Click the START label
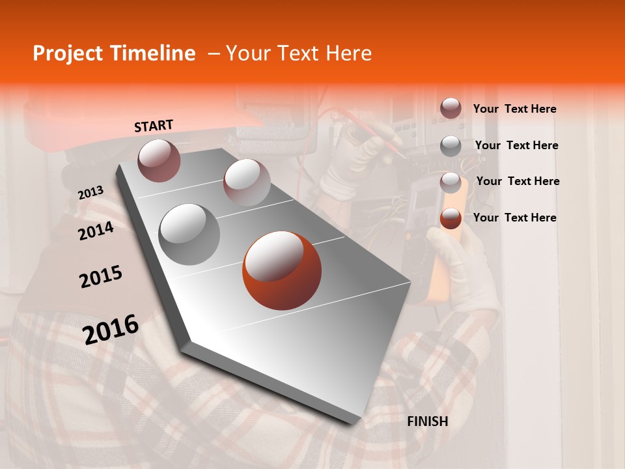(154, 126)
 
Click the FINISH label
(427, 421)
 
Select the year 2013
(90, 192)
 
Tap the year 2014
(96, 231)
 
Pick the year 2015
(101, 277)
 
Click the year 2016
(111, 330)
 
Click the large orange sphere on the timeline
(282, 270)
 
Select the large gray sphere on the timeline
(189, 234)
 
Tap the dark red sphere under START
(159, 160)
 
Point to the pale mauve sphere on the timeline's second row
(246, 182)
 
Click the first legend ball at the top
(451, 108)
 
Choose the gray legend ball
(451, 146)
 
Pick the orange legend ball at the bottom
(451, 218)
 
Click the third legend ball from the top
(451, 182)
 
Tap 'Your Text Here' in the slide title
(299, 53)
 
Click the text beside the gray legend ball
(516, 145)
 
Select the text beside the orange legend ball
(514, 218)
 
